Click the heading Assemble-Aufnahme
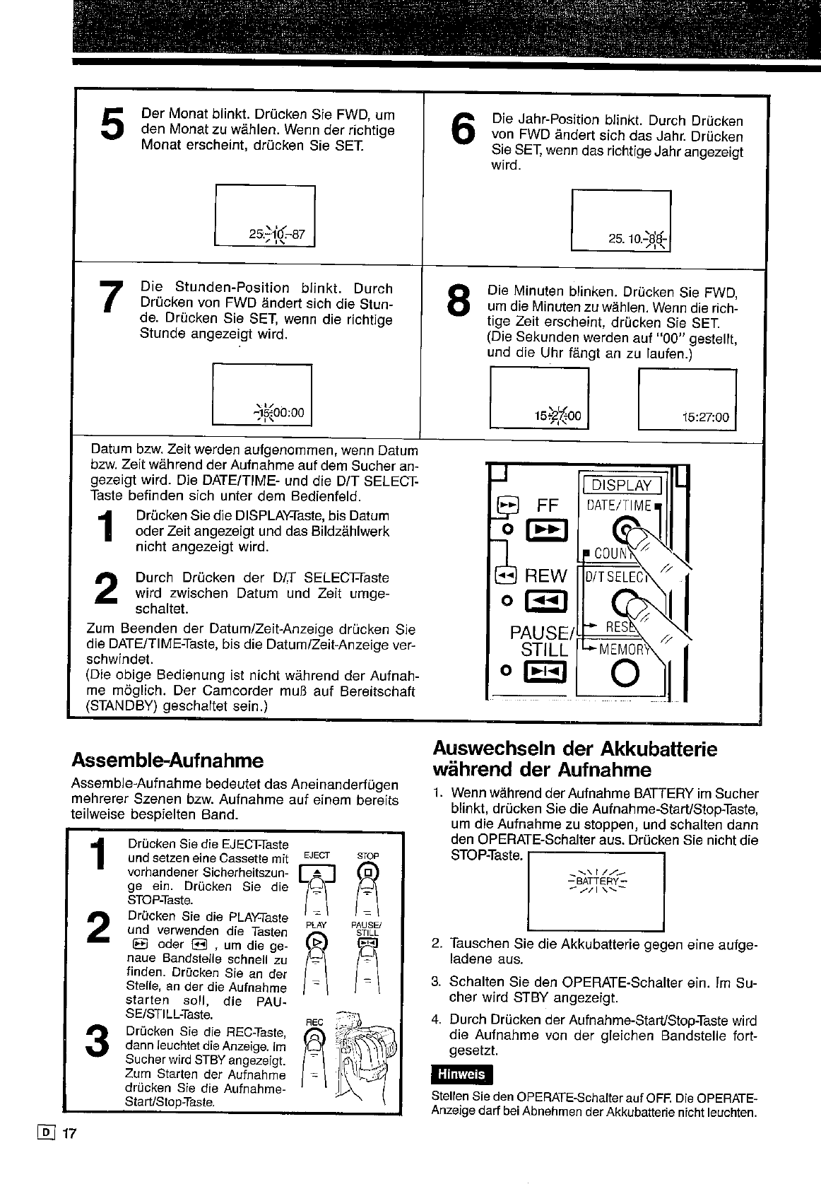coord(167,761)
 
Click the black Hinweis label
coord(461,1074)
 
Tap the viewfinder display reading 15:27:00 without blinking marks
coord(704,417)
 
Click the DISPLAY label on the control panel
coord(622,485)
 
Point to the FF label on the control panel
coord(548,505)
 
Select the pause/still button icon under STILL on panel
coord(538,672)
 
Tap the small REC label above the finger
coord(313,1023)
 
